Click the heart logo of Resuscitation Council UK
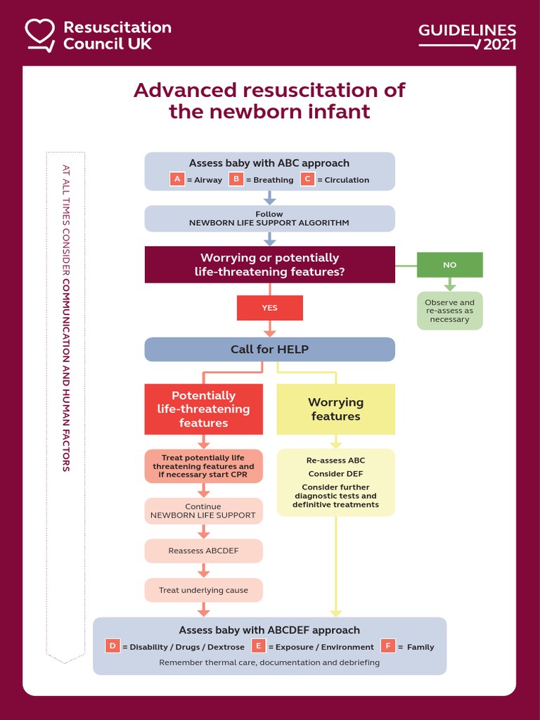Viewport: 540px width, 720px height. tap(40, 34)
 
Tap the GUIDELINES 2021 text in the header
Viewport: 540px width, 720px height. tap(468, 37)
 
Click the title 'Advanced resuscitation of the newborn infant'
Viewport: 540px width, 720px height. tap(269, 101)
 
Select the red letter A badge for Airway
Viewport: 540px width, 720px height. tap(177, 179)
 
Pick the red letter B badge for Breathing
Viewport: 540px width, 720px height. tap(236, 179)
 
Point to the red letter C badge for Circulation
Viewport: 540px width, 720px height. tap(307, 179)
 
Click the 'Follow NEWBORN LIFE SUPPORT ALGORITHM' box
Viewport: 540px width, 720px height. tap(269, 219)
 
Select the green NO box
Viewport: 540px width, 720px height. tap(450, 265)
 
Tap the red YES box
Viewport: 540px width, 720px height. tap(269, 308)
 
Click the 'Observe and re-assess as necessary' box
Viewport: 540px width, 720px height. tap(450, 311)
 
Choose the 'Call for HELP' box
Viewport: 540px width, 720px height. tap(269, 349)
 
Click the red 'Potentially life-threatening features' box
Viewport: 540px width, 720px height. tap(203, 409)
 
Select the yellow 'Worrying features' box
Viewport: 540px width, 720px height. tap(335, 409)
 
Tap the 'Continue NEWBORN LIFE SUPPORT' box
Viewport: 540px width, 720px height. tap(203, 511)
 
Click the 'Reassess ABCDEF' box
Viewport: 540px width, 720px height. tap(203, 551)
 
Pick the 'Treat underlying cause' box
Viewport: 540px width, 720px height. tap(203, 590)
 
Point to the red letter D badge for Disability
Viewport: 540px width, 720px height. tap(112, 646)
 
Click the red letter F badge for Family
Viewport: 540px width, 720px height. tap(387, 646)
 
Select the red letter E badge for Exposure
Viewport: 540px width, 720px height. tap(258, 646)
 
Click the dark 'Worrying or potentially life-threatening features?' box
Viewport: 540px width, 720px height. tap(269, 264)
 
